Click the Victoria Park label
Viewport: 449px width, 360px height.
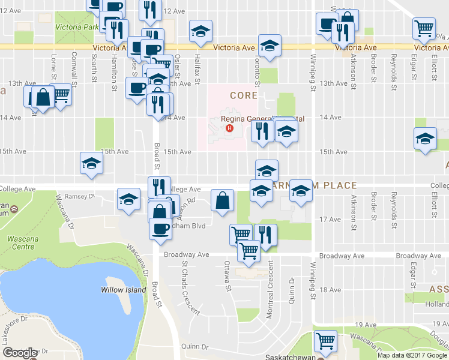point(76,28)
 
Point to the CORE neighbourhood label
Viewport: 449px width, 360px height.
point(243,95)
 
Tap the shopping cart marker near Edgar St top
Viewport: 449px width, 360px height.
point(424,27)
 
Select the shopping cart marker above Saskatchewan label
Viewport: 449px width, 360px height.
point(325,341)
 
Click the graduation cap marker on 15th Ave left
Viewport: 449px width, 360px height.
point(91,163)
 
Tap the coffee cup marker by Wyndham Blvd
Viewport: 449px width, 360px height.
point(160,230)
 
